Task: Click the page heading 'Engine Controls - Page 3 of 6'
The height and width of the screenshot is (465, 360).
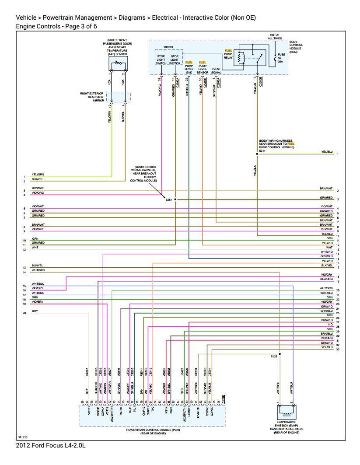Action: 56,26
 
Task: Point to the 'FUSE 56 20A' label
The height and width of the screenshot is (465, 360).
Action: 281,58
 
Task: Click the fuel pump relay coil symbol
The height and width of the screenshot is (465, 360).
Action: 240,58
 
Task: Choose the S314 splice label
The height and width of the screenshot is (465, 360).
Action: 262,150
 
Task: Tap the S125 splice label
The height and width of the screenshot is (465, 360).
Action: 274,357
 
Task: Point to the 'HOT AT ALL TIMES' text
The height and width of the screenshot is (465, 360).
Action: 275,36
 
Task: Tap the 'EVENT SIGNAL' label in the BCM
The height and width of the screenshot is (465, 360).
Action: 216,70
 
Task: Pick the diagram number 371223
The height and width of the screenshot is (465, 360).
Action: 23,437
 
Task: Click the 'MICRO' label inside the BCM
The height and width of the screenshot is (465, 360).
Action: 168,47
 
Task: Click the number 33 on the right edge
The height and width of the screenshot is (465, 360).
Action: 338,350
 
